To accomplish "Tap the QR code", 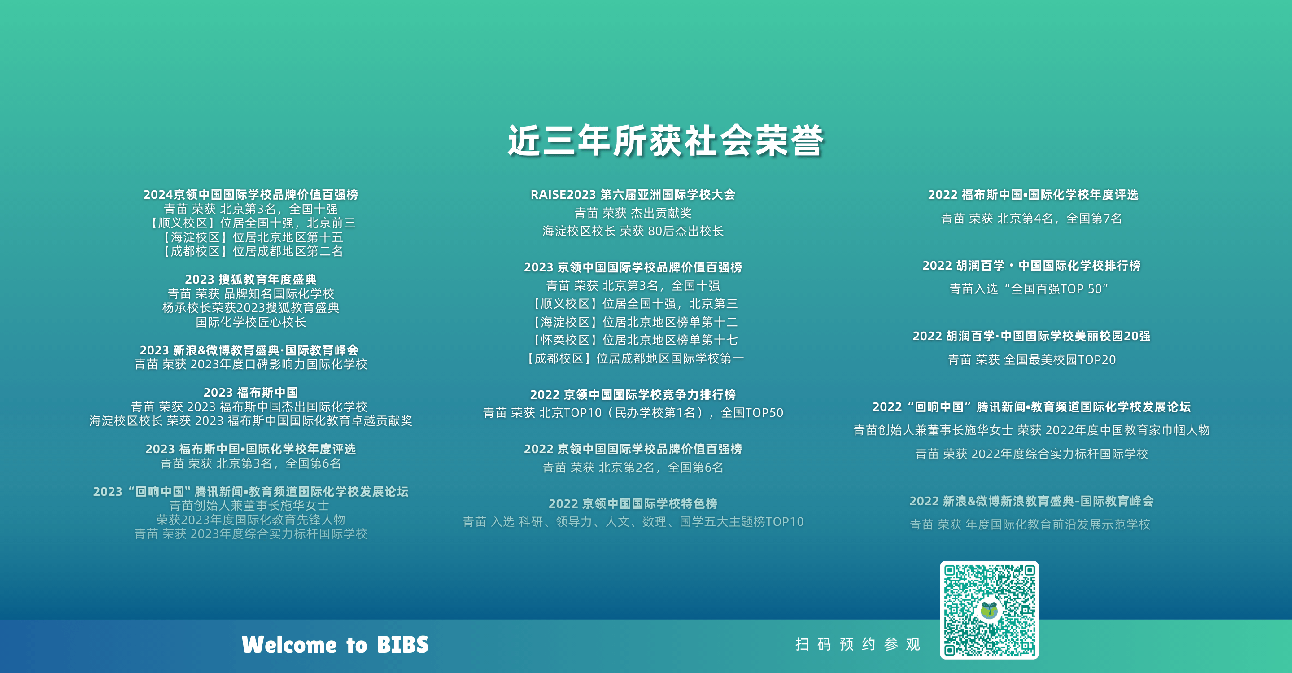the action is [989, 610].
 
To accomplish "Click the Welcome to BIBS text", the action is [335, 645].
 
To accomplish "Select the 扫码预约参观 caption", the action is [858, 644].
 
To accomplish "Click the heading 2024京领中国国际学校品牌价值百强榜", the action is [251, 195].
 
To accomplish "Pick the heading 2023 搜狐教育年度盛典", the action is [251, 280].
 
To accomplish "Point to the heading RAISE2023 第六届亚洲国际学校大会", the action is [633, 195].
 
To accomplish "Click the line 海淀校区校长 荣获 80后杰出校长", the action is [633, 231].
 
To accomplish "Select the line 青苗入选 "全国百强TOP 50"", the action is [1029, 289].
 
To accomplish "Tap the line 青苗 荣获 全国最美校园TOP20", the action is [1032, 359].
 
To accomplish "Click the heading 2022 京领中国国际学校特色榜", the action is [633, 503].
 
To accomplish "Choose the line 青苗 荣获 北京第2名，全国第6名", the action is [633, 468].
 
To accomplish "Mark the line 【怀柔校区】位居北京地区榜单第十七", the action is [633, 340].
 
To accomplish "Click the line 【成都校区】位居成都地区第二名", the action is [251, 251].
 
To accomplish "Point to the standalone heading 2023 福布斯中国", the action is [251, 392].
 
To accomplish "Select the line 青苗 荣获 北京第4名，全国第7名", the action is [1032, 218].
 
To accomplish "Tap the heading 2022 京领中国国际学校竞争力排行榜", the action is [633, 395].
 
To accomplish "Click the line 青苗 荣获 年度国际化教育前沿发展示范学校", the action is [1030, 524].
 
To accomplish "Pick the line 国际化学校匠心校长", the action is [251, 322].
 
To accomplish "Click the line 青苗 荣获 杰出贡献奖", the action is [633, 213].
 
